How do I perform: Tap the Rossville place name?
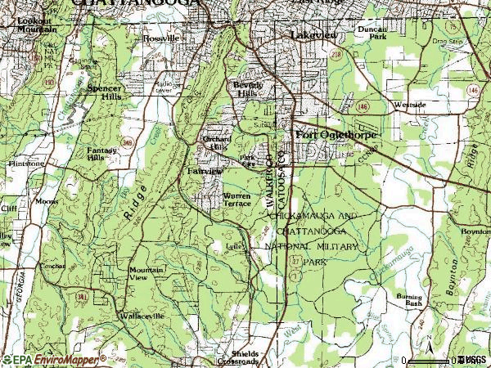pyautogui.click(x=160, y=38)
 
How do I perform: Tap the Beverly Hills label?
pyautogui.click(x=248, y=89)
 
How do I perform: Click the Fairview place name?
pyautogui.click(x=205, y=172)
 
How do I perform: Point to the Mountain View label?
pyautogui.click(x=146, y=273)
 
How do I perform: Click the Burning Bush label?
pyautogui.click(x=409, y=298)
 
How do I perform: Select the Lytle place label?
pyautogui.click(x=236, y=245)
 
